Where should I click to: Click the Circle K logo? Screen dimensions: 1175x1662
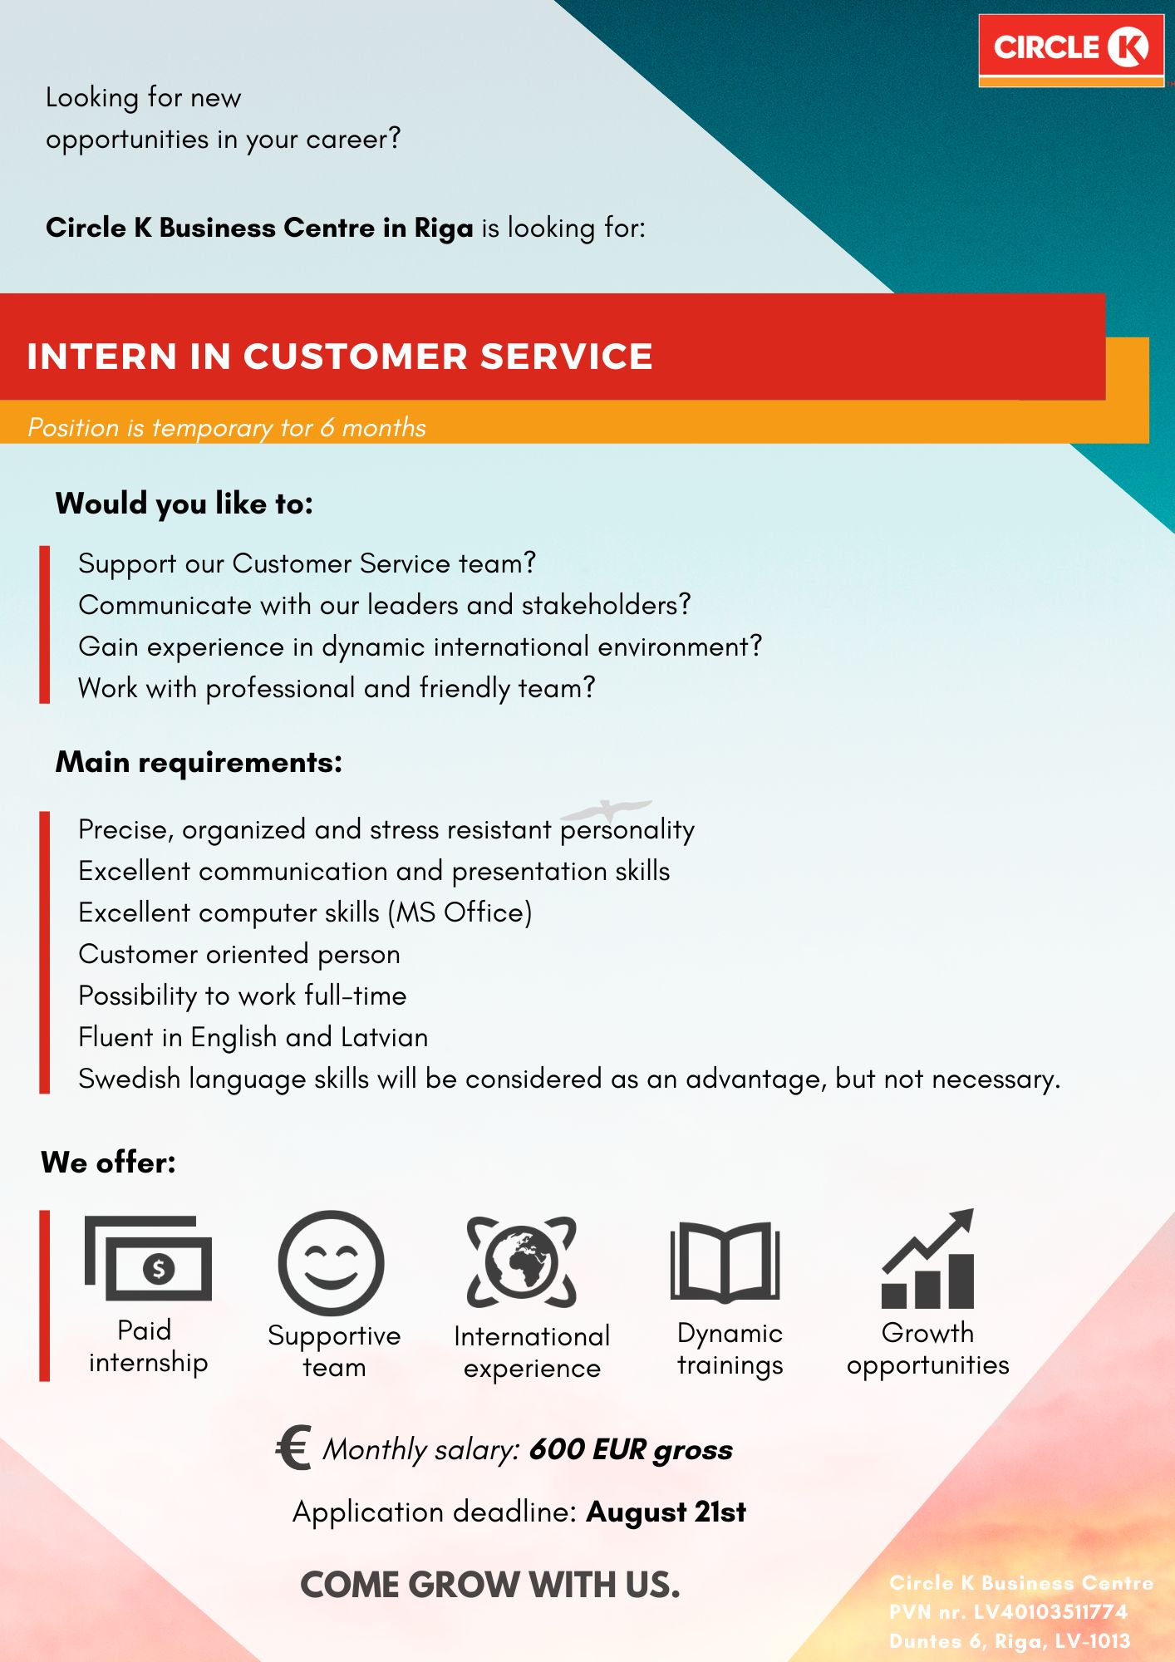point(1071,50)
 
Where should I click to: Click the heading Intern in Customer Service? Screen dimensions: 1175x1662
point(340,356)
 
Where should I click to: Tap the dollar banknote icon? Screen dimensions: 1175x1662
point(148,1258)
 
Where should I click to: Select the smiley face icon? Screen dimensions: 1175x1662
point(332,1263)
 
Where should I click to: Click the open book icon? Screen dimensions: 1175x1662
point(725,1261)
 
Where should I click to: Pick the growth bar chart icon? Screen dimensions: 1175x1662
point(927,1259)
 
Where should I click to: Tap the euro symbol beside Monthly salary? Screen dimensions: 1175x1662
point(293,1448)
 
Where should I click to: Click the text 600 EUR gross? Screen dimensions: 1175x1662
point(631,1449)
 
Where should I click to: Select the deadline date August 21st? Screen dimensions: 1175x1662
point(666,1512)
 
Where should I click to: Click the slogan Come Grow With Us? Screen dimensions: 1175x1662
point(490,1585)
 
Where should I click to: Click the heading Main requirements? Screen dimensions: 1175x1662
point(199,763)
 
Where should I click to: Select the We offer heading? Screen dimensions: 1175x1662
point(108,1162)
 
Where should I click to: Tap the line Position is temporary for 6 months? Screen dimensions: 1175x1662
point(226,427)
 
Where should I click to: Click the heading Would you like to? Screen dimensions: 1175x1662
point(184,504)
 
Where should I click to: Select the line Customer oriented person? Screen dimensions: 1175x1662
point(239,954)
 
